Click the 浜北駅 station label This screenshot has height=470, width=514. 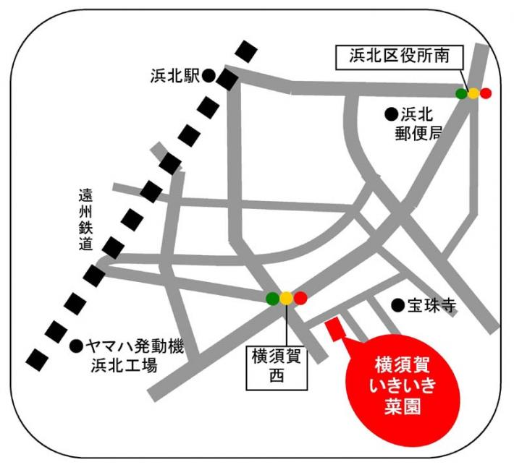pyautogui.click(x=175, y=75)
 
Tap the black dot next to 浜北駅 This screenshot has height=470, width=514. pyautogui.click(x=208, y=74)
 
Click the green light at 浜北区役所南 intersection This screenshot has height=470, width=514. pyautogui.click(x=461, y=93)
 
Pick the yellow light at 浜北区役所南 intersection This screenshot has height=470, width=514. pyautogui.click(x=473, y=93)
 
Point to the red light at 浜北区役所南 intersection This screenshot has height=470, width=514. pyautogui.click(x=485, y=93)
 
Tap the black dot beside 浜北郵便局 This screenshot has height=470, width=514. pyautogui.click(x=390, y=113)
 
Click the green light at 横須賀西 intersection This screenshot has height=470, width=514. pyautogui.click(x=273, y=297)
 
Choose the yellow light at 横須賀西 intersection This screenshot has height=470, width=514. pyautogui.click(x=287, y=297)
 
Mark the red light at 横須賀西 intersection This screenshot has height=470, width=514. pyautogui.click(x=300, y=297)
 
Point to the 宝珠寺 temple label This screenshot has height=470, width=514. pyautogui.click(x=431, y=307)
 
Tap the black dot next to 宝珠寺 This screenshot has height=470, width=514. pyautogui.click(x=397, y=306)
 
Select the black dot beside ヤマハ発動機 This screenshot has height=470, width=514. pyautogui.click(x=76, y=346)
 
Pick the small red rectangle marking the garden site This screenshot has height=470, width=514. pyautogui.click(x=335, y=330)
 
